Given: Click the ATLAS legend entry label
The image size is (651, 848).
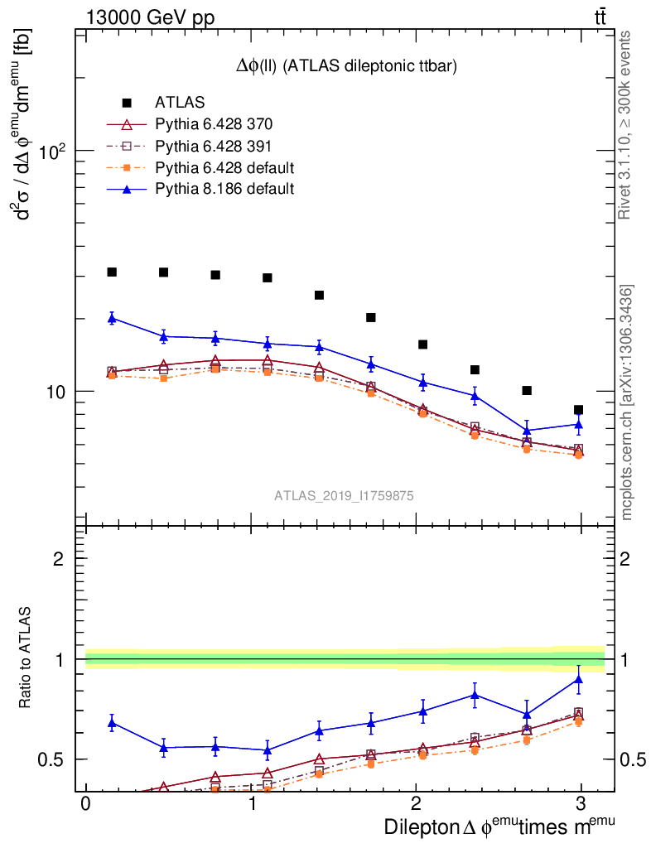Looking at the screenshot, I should [180, 104].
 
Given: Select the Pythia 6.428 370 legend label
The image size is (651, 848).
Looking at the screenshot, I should [214, 125].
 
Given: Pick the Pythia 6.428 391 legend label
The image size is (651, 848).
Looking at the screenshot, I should [214, 147].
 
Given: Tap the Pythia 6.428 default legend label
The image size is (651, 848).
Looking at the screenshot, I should [224, 168].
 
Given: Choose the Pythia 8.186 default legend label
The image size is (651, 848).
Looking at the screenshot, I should [224, 189].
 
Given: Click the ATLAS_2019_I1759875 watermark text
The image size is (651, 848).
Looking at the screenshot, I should [345, 495].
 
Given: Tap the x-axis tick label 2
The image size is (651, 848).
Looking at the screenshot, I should [416, 805].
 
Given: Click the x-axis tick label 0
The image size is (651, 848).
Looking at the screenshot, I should [85, 805].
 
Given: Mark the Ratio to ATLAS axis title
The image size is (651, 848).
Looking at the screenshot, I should [26, 658].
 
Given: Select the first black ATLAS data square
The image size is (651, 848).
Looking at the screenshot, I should [112, 272].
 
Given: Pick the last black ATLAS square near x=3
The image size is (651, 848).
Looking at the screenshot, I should [578, 409].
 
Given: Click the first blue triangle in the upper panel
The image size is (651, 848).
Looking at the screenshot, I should [112, 318].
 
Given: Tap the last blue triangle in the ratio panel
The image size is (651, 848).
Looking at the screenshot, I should [578, 680].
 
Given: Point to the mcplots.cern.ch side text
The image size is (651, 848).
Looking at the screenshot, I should [626, 402].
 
